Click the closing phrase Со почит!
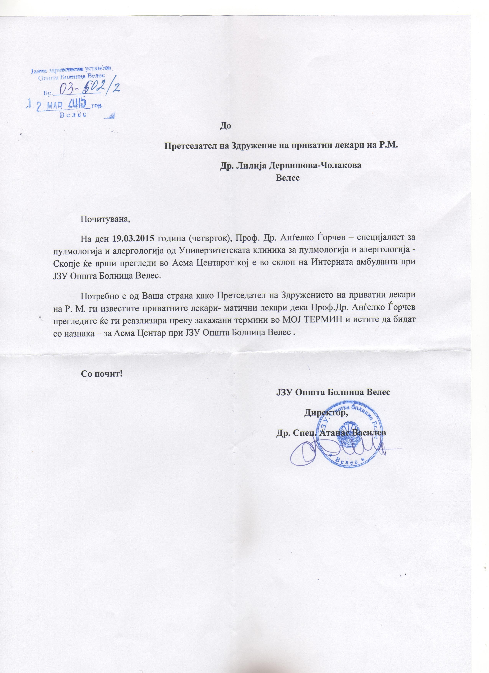102,374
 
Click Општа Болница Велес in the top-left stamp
71,78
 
